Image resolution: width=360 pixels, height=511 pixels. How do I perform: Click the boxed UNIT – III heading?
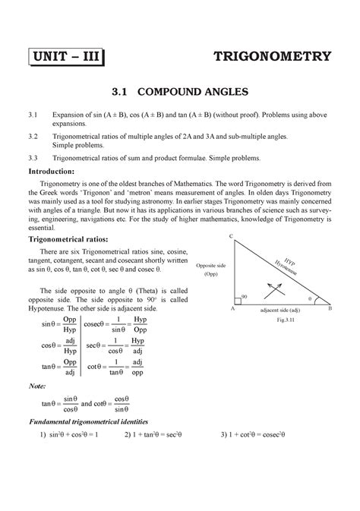coord(68,56)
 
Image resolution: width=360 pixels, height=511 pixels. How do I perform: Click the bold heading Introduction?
coord(58,172)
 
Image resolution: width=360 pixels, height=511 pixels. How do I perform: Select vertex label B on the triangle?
coord(329,310)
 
